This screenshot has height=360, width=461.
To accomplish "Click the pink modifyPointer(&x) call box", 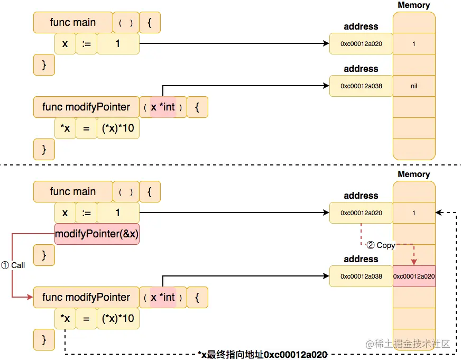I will (97, 234).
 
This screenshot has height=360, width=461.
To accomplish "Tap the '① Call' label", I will (13, 265).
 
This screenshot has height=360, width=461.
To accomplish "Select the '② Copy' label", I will (381, 245).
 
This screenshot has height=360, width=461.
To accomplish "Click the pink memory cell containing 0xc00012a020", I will (414, 276).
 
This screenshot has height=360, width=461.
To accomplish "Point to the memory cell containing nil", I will (414, 86).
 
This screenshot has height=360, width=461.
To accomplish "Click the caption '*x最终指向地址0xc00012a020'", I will (262, 354).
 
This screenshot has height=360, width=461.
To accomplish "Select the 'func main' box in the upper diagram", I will (73, 22).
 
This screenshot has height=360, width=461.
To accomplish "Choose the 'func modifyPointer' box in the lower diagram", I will (86, 297).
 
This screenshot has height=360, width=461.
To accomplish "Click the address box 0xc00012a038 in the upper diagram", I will (361, 86).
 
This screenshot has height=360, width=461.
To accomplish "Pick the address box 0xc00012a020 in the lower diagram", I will (361, 213).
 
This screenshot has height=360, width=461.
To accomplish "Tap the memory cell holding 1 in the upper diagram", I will (414, 44).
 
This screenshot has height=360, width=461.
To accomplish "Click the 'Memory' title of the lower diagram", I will (414, 174).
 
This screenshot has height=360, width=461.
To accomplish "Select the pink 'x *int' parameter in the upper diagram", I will (163, 107).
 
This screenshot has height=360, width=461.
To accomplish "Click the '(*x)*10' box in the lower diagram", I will (118, 318).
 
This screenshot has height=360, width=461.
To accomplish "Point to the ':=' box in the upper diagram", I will (86, 44).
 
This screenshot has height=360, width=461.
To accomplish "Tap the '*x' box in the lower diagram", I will (65, 318).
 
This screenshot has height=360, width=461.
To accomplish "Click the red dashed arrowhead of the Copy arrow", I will (414, 262).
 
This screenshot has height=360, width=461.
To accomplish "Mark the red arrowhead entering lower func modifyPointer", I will (30, 297).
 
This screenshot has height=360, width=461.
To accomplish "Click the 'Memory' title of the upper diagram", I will (414, 5).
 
